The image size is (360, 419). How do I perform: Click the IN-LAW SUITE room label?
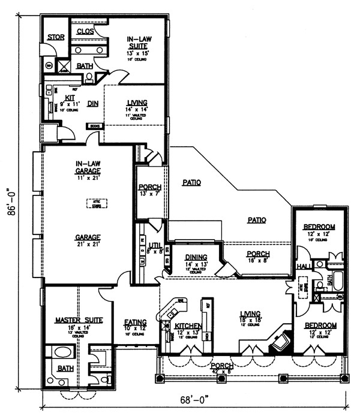pyautogui.click(x=138, y=41)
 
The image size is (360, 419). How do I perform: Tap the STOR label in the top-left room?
pyautogui.click(x=56, y=37)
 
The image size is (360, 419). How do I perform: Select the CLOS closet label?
pyautogui.click(x=85, y=31)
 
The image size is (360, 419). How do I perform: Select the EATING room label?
pyautogui.click(x=136, y=322)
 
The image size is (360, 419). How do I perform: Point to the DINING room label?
pyautogui.click(x=196, y=257)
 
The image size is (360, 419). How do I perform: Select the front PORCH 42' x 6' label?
pyautogui.click(x=220, y=365)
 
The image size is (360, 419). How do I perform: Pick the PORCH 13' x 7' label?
pyautogui.click(x=149, y=187)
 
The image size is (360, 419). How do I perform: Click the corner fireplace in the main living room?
pyautogui.click(x=278, y=342)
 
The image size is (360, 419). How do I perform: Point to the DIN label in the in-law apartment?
pyautogui.click(x=92, y=103)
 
